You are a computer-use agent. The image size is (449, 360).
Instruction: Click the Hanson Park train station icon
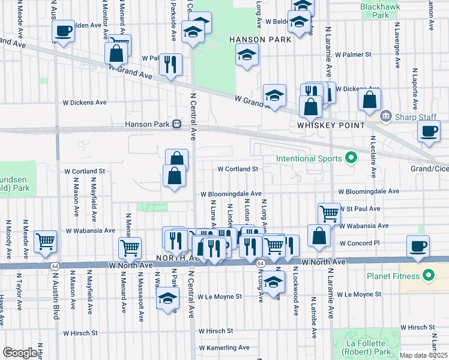(177, 124)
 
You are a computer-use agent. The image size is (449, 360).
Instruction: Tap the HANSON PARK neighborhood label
(260, 40)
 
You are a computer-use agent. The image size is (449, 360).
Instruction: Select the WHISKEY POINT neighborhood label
(331, 125)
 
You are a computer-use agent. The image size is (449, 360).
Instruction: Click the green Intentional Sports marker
(352, 159)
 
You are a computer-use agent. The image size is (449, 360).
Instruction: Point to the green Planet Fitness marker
(429, 276)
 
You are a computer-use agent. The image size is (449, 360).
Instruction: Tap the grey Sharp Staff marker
(385, 115)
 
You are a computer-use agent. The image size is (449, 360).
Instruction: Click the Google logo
(20, 353)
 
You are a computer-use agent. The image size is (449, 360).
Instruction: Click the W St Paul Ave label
(360, 209)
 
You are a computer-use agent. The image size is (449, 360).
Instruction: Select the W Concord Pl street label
(360, 244)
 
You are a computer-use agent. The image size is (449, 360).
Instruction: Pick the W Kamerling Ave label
(224, 347)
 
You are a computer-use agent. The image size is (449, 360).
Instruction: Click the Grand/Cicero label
(429, 169)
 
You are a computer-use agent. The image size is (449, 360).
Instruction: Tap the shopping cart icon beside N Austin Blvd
(46, 241)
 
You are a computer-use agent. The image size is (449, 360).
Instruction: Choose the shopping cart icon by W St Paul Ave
(329, 212)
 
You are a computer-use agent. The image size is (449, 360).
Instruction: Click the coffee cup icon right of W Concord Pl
(418, 245)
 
